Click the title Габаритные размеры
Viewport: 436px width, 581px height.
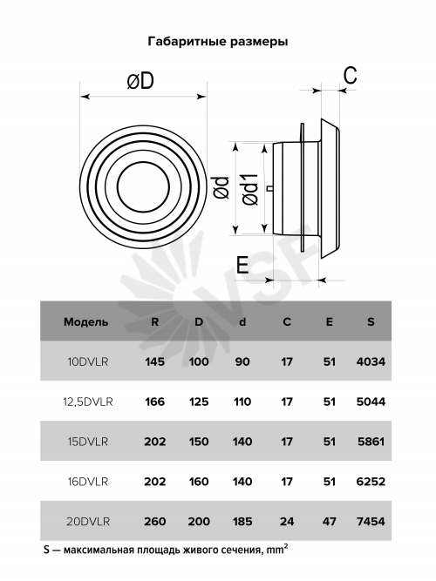[x=218, y=41]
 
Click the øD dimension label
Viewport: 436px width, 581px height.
[x=140, y=81]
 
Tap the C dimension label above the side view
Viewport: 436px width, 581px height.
[x=350, y=75]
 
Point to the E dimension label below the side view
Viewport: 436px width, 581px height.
[x=242, y=265]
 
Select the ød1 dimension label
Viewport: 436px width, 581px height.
[x=250, y=189]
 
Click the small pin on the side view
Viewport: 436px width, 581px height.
[x=270, y=188]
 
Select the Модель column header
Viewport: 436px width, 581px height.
[x=85, y=321]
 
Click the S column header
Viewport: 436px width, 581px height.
[x=371, y=321]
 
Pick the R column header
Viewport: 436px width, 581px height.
[x=154, y=321]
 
